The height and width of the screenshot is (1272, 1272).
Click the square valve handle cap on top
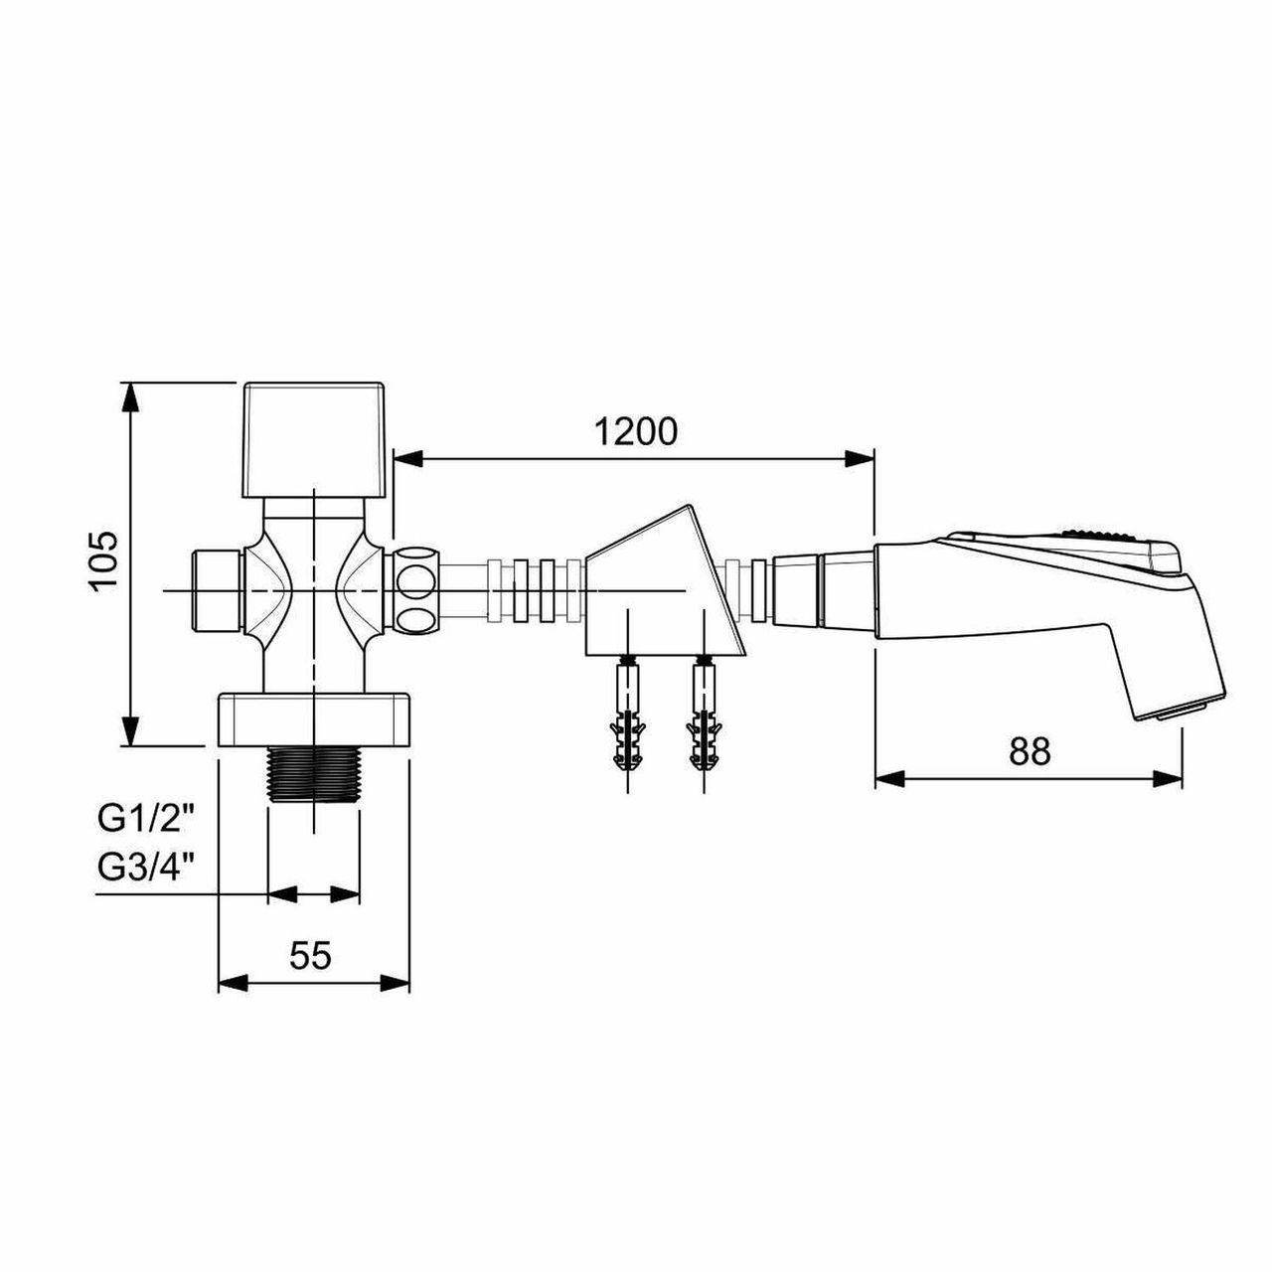click(x=314, y=439)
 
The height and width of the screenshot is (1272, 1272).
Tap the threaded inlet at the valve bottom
click(x=314, y=773)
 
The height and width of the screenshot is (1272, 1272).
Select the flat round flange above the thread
click(x=314, y=720)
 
